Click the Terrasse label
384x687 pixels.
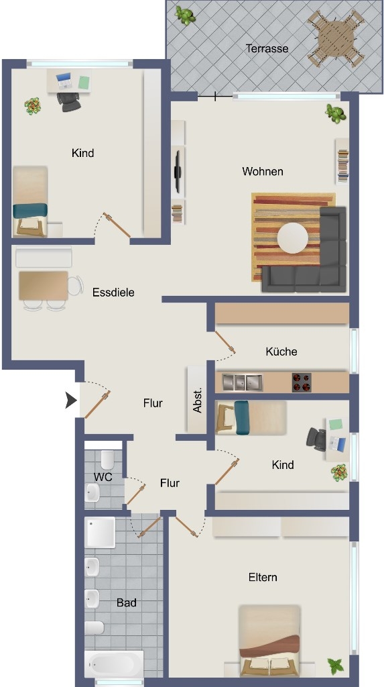pyautogui.click(x=267, y=48)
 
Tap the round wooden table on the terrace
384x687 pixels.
pyautogui.click(x=335, y=38)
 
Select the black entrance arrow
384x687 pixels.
pyautogui.click(x=71, y=401)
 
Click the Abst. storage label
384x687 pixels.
pyautogui.click(x=198, y=400)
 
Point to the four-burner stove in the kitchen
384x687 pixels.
pyautogui.click(x=302, y=382)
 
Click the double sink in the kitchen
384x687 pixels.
pyautogui.click(x=242, y=382)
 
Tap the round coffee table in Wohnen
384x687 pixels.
pyautogui.click(x=293, y=238)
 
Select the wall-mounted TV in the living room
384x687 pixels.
pyautogui.click(x=178, y=171)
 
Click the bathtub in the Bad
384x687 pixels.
pyautogui.click(x=114, y=664)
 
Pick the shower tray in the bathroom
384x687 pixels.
pyautogui.click(x=100, y=532)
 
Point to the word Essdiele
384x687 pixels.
pyautogui.click(x=113, y=293)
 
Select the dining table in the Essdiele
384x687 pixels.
pyautogui.click(x=44, y=286)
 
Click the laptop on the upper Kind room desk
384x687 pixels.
pyautogui.click(x=64, y=81)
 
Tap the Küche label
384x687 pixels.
pyautogui.click(x=281, y=352)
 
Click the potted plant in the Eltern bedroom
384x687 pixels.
pyautogui.click(x=336, y=666)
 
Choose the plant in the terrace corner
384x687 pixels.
pyautogui.click(x=185, y=15)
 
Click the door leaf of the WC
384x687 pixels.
pyautogui.click(x=136, y=494)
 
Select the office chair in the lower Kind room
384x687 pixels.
pyautogui.click(x=316, y=439)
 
